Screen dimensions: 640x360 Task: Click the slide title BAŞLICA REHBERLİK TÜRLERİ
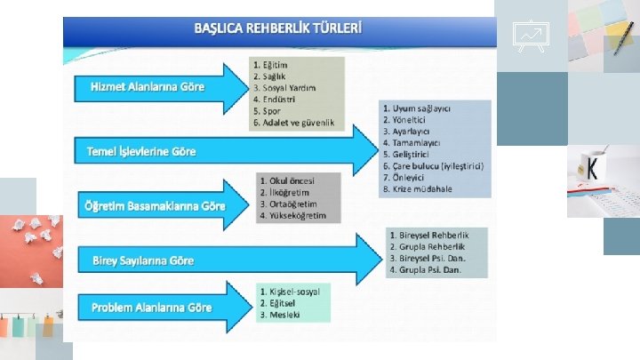tap(278, 28)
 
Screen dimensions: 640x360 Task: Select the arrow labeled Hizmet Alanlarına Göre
tap(148, 87)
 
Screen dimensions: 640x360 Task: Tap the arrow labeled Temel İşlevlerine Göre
tap(142, 151)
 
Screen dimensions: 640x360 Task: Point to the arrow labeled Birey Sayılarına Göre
tap(143, 260)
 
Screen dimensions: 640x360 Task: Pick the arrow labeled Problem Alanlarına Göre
tap(151, 308)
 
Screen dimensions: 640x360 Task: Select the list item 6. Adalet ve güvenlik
tap(294, 123)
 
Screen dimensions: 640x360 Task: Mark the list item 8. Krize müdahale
tap(418, 189)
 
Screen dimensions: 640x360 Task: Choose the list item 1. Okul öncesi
tap(287, 180)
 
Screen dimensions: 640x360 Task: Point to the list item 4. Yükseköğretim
tap(293, 215)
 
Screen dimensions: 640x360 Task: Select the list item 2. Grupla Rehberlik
tap(428, 246)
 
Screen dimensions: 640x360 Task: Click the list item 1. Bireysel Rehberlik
tap(429, 235)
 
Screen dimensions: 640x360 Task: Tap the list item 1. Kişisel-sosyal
tap(290, 291)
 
